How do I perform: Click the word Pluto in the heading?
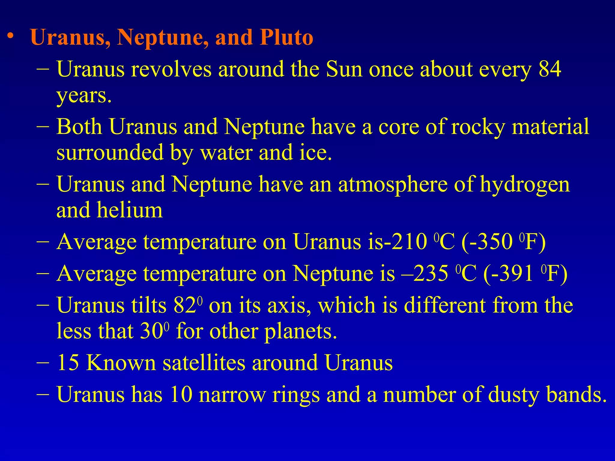coord(286,37)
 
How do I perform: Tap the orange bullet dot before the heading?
coord(11,36)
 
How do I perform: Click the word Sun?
coord(344,69)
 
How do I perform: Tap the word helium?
coord(130,210)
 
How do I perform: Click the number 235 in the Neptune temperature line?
coord(431,273)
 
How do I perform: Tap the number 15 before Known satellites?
coord(68,363)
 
